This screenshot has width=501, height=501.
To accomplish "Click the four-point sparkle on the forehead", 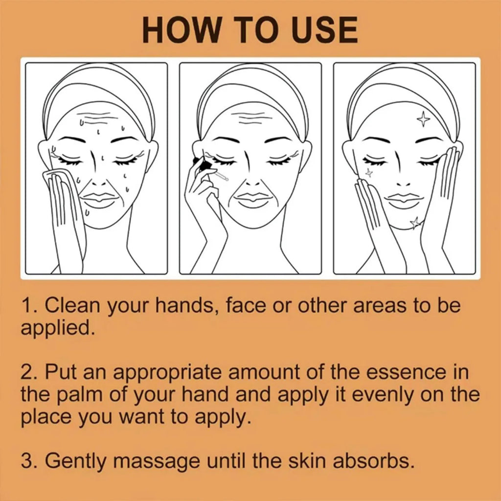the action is pos(423,119).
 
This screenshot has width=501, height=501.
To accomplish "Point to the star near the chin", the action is pos(415,223).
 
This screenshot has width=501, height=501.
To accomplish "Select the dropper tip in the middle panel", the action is pos(227,179).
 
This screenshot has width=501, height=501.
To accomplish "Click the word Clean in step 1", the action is pos(72,305).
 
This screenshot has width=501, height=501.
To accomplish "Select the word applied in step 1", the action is pos(58,328).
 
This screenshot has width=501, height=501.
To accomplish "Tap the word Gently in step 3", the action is pos(75,461).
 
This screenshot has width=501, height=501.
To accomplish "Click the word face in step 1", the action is pos(246,305).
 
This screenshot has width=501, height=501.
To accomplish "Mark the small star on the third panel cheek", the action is pos(369,172).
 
